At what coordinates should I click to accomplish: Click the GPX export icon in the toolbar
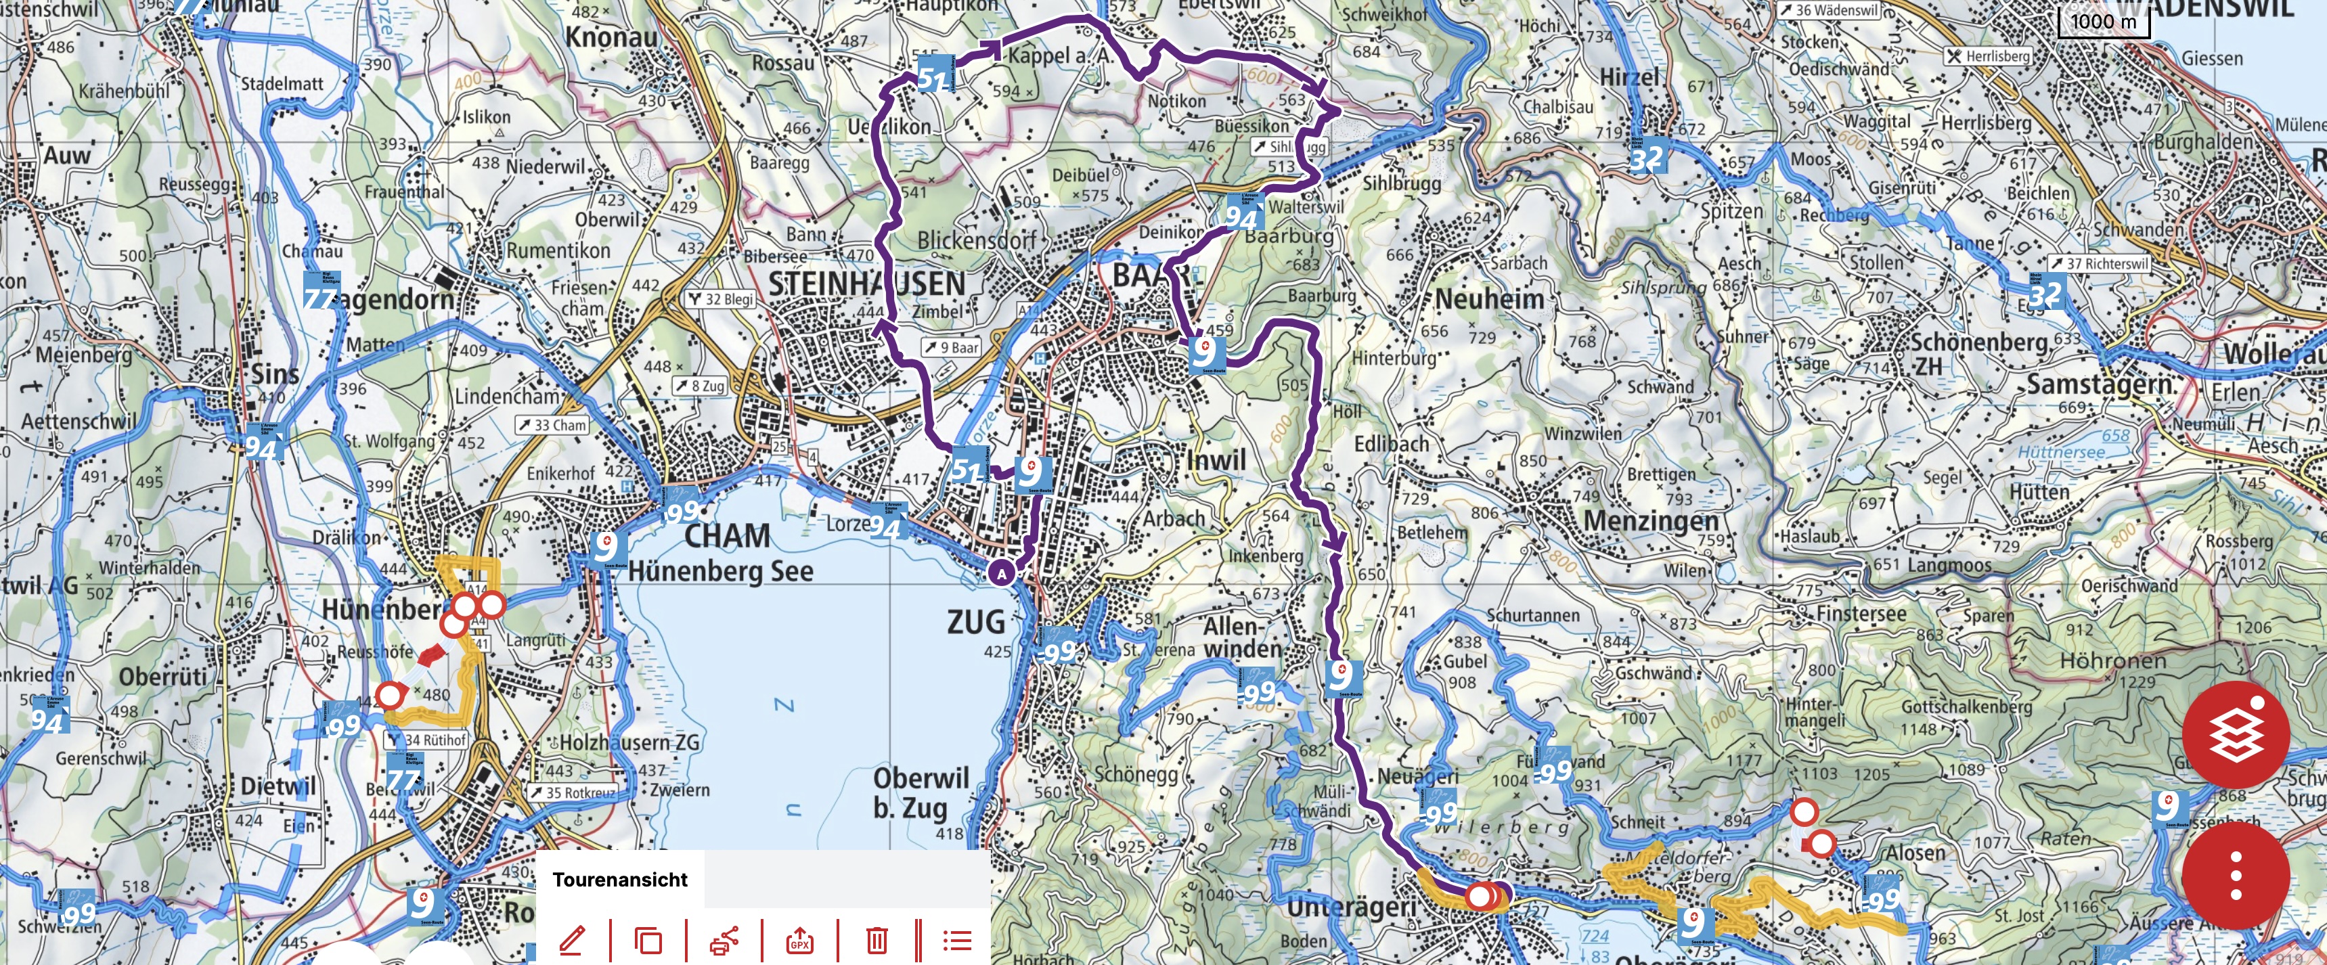click(x=799, y=940)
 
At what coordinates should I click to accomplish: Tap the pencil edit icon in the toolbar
click(x=572, y=940)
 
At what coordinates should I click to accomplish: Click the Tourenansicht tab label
click(x=620, y=879)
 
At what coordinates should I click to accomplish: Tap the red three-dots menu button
click(x=2235, y=874)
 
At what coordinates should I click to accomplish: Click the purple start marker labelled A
click(x=1001, y=573)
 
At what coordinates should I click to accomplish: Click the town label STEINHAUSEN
click(x=866, y=284)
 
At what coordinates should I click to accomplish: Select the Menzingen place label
click(x=1650, y=521)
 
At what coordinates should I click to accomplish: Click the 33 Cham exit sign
click(x=552, y=425)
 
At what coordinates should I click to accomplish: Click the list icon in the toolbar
click(x=956, y=940)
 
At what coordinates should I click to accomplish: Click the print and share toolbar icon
click(x=724, y=940)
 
